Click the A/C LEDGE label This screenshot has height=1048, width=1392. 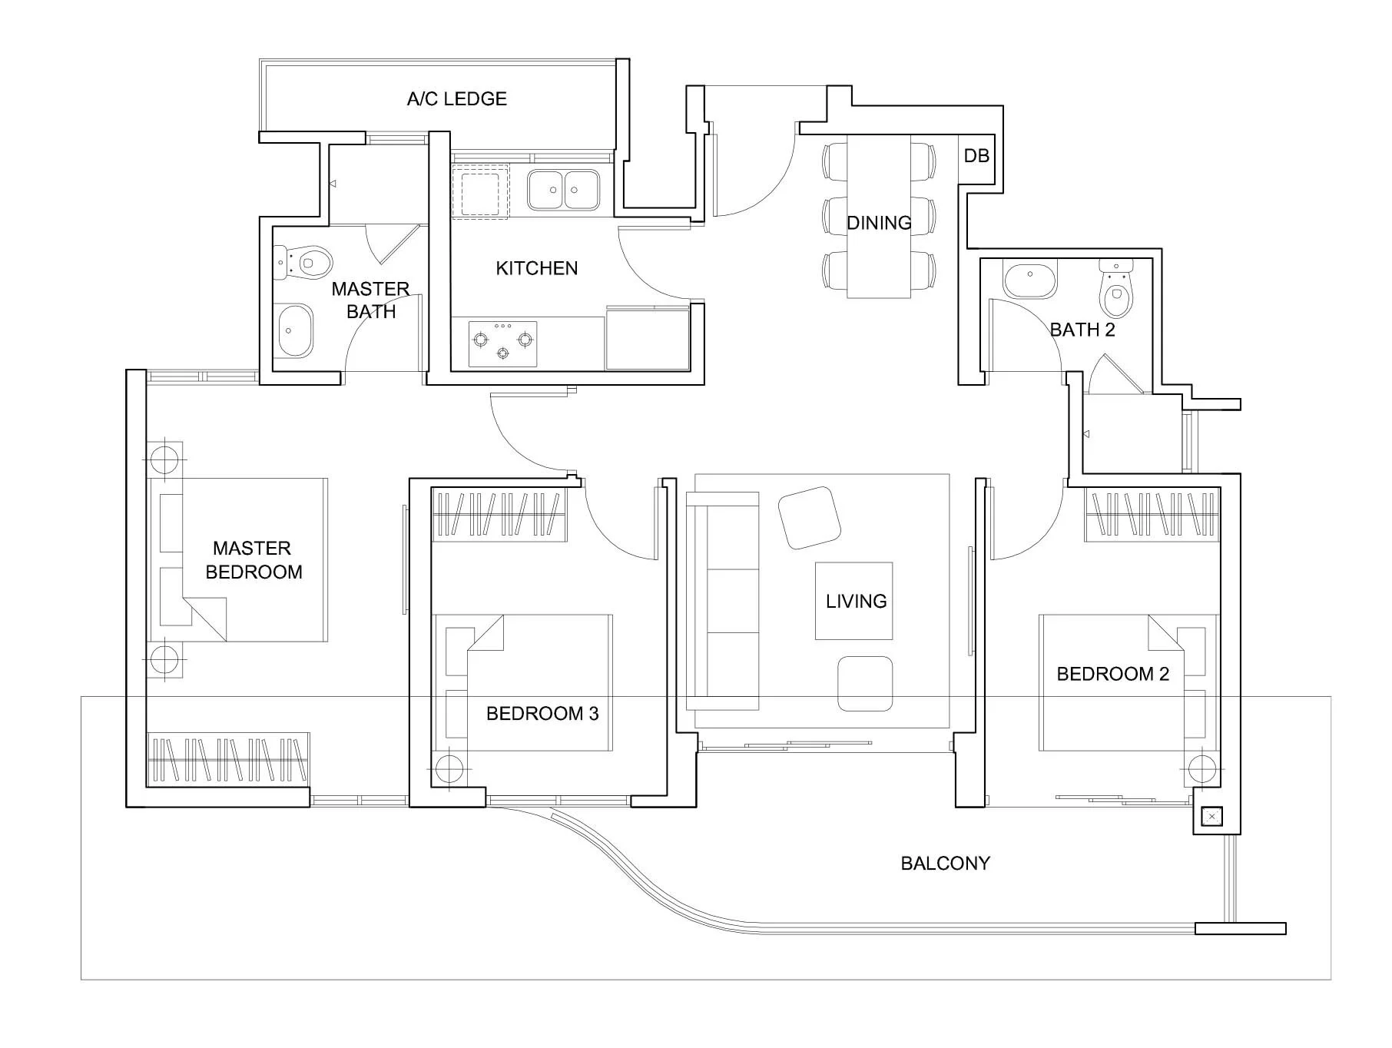point(457,99)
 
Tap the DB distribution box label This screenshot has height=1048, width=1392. point(976,156)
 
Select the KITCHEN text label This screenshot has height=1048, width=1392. point(536,268)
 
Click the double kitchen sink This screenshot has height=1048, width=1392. point(563,190)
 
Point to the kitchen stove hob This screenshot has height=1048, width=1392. point(502,343)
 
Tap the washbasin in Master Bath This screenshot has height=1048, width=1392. point(295,331)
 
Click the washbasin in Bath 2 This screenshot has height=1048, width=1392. point(1029,281)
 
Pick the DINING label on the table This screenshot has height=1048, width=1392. point(879,223)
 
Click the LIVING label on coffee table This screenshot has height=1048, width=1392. point(856,601)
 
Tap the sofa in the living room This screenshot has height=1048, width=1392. point(722,601)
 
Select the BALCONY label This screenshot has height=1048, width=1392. point(945,863)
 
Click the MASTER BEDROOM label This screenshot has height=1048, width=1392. point(254,560)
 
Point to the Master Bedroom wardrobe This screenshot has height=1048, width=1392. point(228,759)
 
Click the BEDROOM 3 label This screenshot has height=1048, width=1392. point(542,714)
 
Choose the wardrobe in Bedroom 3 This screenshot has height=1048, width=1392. point(499,514)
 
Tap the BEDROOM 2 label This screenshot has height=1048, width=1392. point(1112,674)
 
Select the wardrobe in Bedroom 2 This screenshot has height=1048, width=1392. point(1152,514)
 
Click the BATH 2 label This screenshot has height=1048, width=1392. point(1082,330)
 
